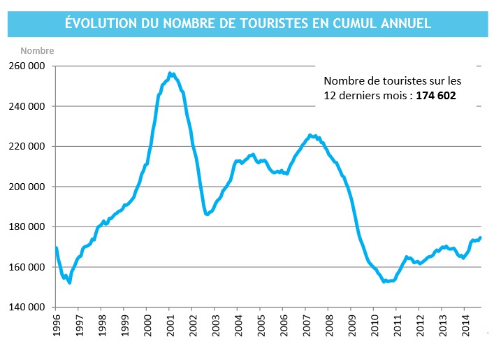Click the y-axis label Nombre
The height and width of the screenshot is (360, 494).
click(37, 50)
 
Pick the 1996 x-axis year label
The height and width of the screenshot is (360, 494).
click(56, 326)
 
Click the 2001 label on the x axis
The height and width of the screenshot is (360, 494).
click(170, 326)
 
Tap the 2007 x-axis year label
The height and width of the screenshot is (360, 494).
click(306, 326)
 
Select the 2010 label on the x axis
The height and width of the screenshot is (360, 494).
click(374, 326)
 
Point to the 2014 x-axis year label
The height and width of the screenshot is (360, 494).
click(465, 326)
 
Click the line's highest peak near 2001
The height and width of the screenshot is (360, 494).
click(169, 73)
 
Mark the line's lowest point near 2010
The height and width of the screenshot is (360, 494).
click(385, 281)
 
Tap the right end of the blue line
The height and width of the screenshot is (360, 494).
click(480, 238)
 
